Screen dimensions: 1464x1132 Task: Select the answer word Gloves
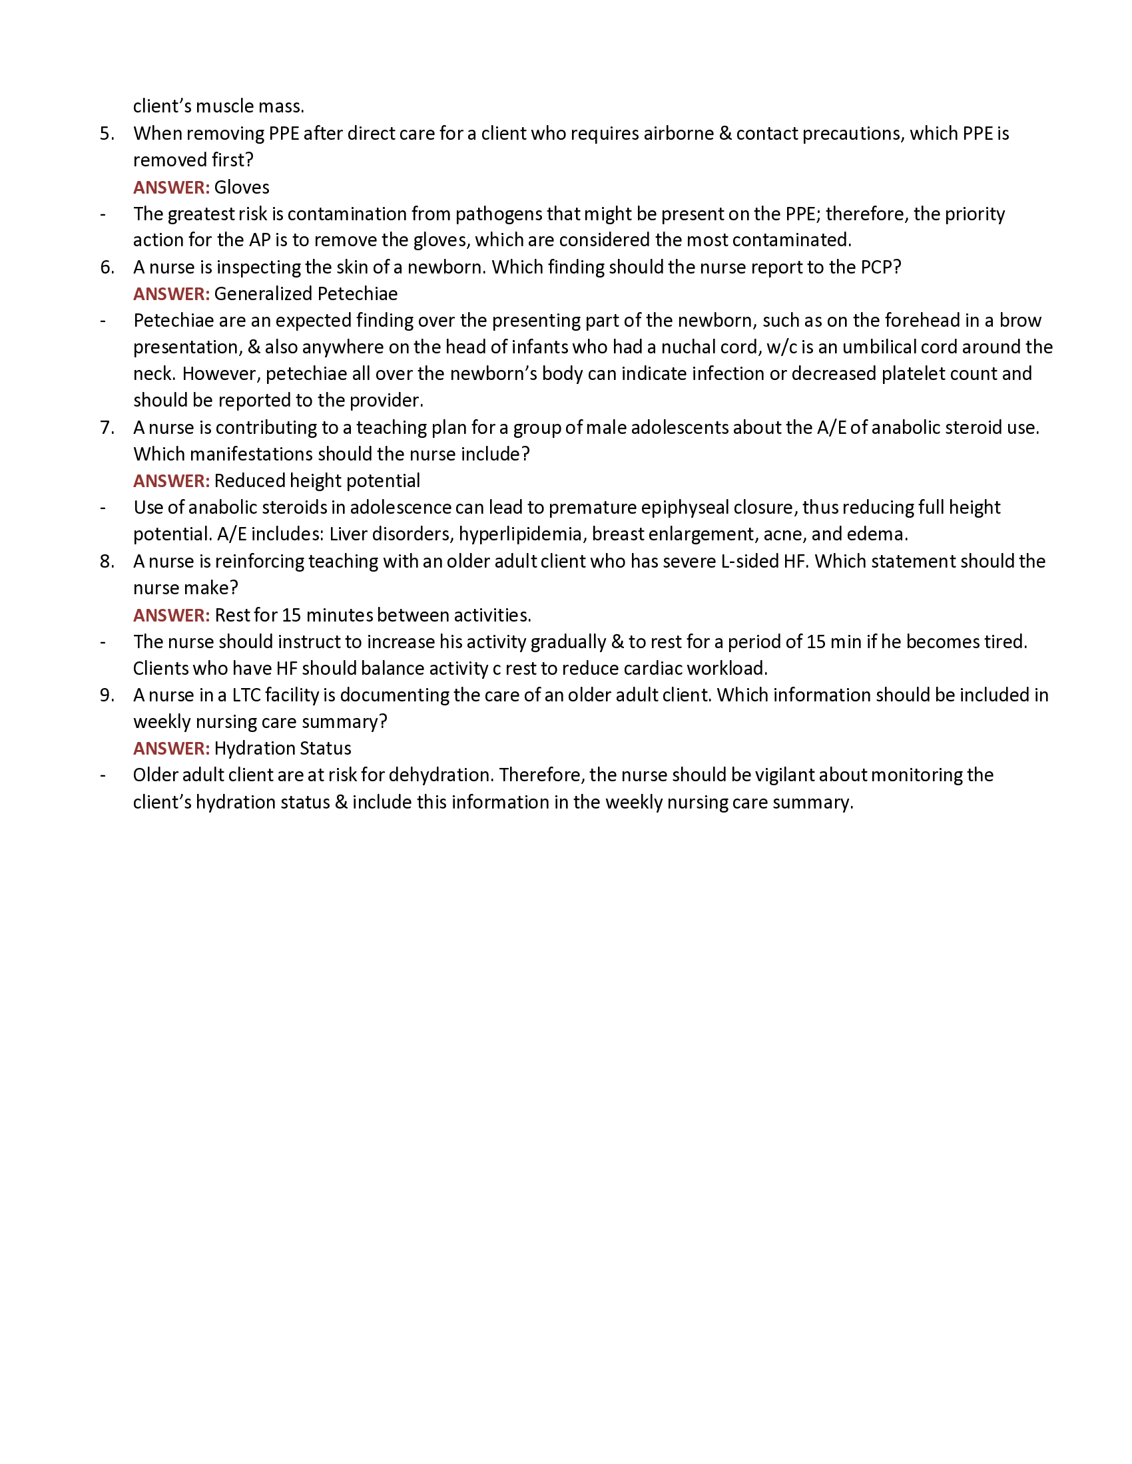click(242, 187)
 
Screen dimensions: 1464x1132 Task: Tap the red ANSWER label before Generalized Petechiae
click(171, 293)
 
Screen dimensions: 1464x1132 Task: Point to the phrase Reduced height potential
click(316, 480)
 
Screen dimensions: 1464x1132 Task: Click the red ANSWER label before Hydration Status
click(171, 748)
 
